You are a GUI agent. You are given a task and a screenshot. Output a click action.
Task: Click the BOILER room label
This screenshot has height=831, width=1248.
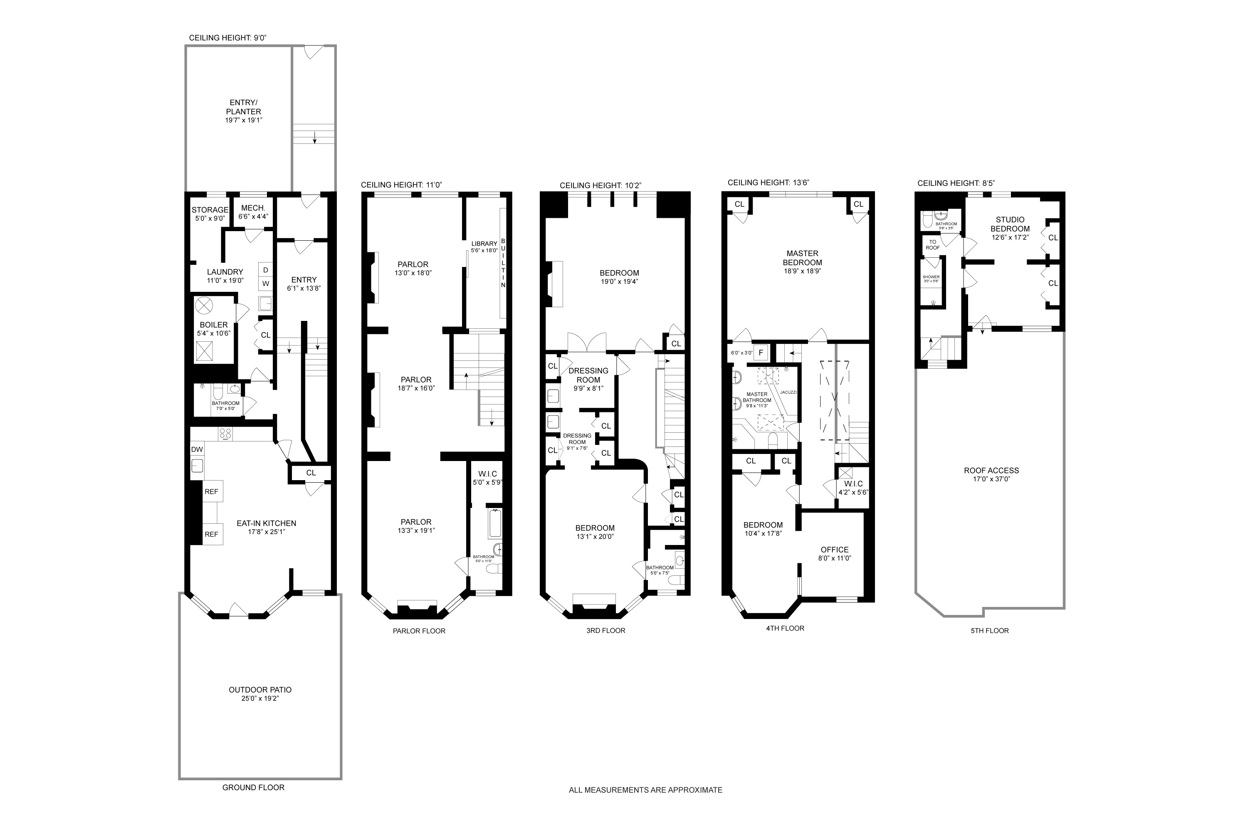point(214,325)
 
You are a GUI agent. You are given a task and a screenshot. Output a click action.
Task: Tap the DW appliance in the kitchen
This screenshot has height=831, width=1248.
point(197,449)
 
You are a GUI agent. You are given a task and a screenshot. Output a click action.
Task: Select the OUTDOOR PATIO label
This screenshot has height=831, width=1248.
point(260,690)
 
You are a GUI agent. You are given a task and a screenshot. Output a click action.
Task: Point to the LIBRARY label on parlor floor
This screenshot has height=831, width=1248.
point(484,244)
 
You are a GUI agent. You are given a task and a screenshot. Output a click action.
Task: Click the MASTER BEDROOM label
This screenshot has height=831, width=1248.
point(802,258)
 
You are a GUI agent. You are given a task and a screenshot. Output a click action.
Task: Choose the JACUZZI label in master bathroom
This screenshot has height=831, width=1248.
point(788,392)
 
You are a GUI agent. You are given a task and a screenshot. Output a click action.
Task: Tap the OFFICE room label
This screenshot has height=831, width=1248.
point(835,550)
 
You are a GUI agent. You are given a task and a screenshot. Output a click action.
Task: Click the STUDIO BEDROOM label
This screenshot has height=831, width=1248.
point(1010,224)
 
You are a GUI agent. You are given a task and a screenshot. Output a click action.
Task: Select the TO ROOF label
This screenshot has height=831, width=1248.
point(932,244)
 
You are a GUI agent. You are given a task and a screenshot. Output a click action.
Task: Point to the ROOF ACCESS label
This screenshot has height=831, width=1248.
point(991,470)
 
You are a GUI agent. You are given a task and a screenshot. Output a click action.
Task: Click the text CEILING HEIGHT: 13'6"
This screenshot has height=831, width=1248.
point(768,182)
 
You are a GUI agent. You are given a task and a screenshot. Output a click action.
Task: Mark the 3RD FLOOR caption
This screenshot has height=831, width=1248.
point(605,630)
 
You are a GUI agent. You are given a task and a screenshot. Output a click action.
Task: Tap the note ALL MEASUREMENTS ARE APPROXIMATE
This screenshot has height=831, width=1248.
point(645,804)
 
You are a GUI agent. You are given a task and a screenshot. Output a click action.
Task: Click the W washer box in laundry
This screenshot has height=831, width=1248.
point(266,284)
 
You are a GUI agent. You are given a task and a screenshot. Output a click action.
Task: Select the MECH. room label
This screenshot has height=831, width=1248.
point(253,208)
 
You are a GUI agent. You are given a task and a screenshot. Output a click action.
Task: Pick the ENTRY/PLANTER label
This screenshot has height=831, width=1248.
point(244,107)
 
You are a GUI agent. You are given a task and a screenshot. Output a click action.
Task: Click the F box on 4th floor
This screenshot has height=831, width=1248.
point(761,352)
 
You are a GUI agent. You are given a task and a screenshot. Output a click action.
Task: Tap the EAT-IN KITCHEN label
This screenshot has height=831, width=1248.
point(266,523)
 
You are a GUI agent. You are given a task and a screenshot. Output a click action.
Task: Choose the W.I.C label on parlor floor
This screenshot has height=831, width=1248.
point(487,474)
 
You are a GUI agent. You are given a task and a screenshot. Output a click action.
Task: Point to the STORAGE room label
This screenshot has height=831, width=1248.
point(210,210)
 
